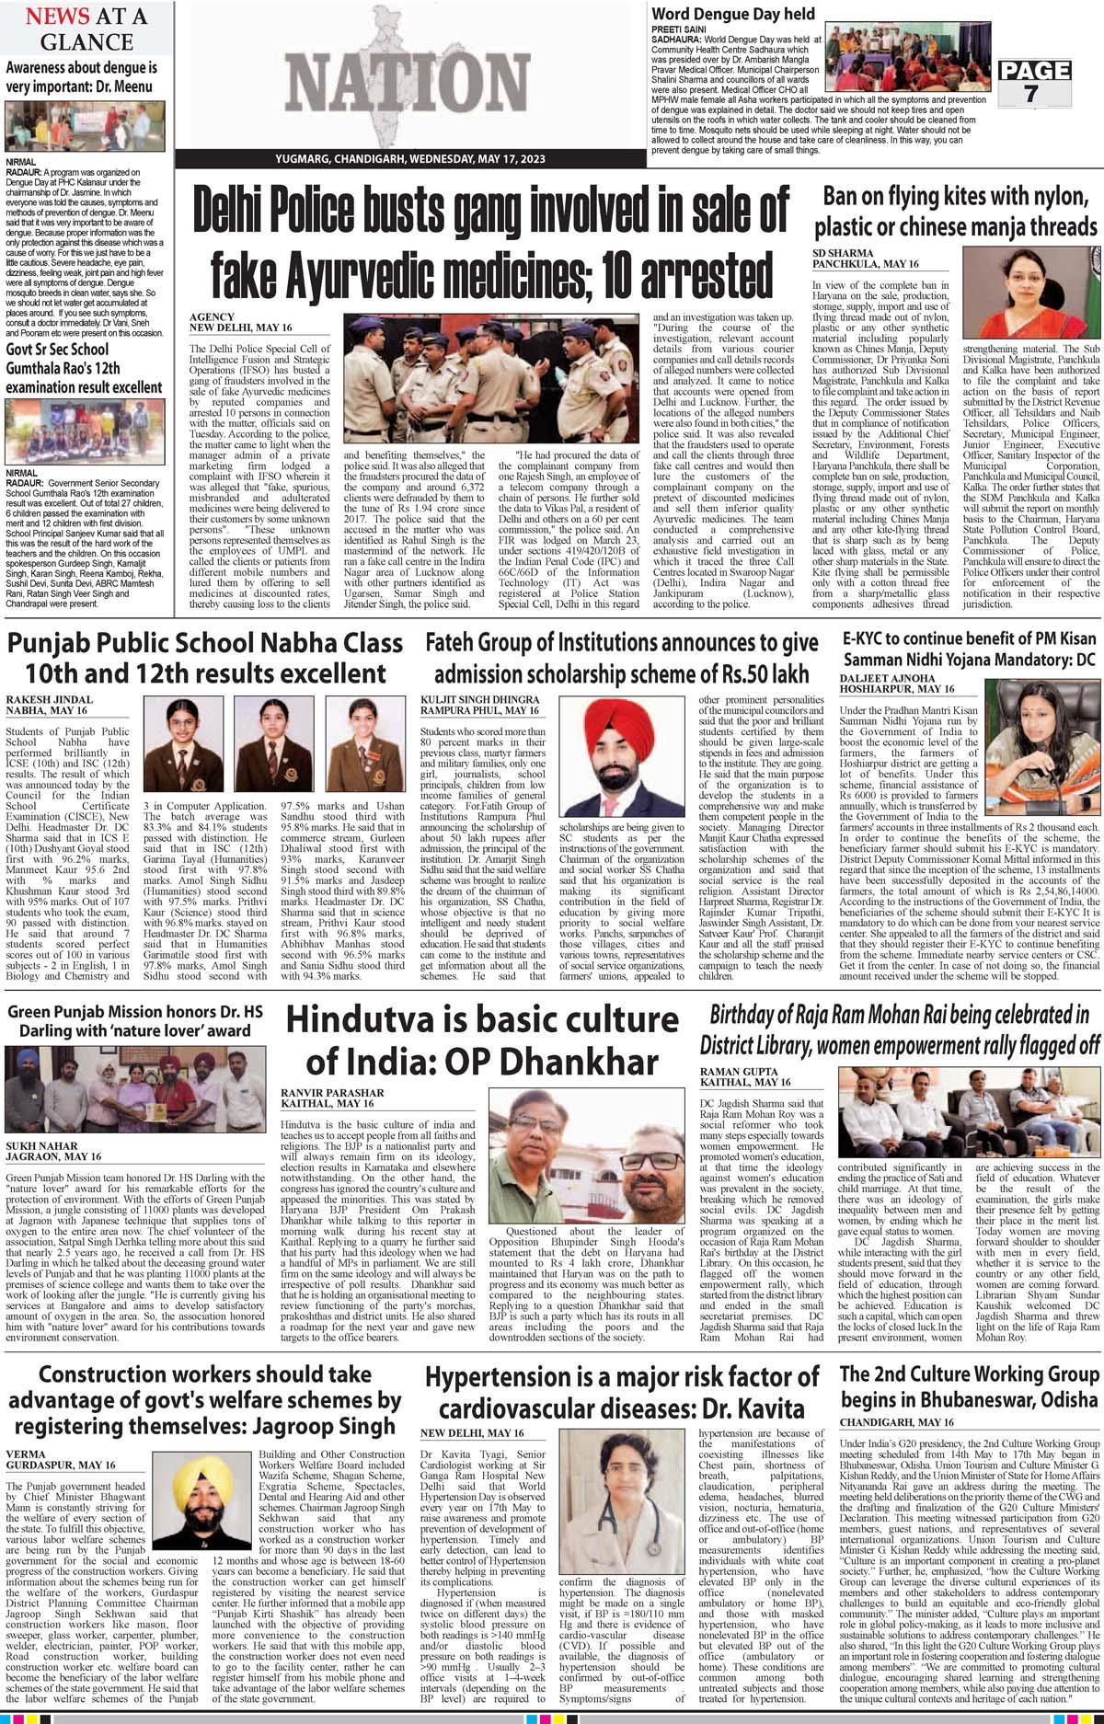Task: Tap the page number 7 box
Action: pos(1035,83)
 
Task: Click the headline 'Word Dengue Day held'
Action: pos(733,14)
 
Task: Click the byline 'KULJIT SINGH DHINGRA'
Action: pos(479,697)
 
